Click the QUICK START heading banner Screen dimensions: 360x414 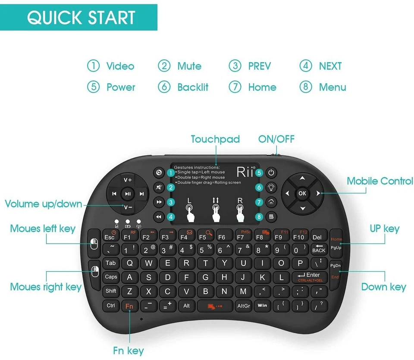point(81,18)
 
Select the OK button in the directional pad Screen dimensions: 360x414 point(302,193)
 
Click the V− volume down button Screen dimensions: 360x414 point(128,207)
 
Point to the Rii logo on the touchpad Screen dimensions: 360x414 point(245,172)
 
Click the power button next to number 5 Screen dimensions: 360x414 point(271,173)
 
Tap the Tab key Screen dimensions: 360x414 point(110,263)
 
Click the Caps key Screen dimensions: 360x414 point(111,277)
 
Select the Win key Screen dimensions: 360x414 point(262,306)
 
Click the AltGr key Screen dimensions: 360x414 point(243,306)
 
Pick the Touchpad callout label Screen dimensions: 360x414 point(215,139)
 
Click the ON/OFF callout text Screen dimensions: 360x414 point(276,139)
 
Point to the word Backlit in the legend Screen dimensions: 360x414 point(193,87)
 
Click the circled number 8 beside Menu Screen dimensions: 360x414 point(305,87)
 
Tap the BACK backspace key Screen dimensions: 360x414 point(319,249)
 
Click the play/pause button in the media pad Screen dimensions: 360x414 point(128,194)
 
